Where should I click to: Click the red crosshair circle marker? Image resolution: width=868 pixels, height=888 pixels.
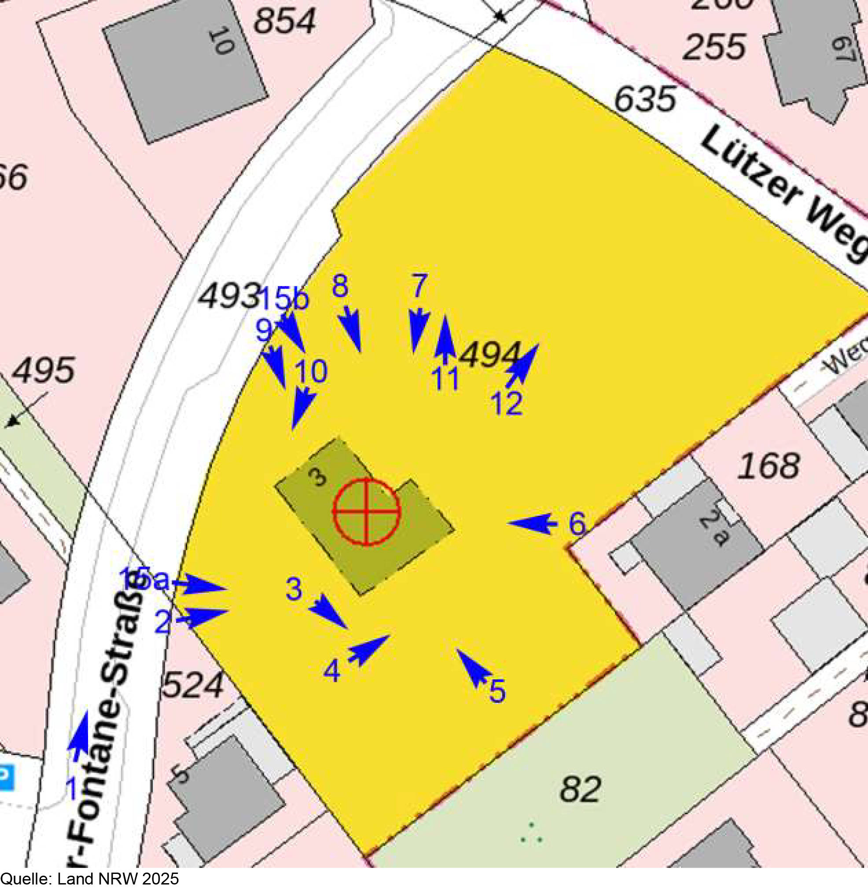click(x=366, y=511)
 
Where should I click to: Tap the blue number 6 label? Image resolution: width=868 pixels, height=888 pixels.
click(x=577, y=524)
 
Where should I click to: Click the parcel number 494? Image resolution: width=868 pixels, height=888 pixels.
click(x=490, y=355)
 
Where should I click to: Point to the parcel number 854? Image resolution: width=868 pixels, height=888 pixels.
click(x=284, y=21)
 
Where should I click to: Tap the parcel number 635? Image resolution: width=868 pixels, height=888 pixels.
click(x=644, y=99)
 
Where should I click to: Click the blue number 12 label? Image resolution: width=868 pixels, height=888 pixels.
click(x=507, y=404)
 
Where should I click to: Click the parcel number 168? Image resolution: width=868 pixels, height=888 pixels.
click(x=769, y=466)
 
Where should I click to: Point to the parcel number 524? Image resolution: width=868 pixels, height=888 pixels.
click(x=193, y=685)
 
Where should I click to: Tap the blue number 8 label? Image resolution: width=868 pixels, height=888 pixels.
click(x=340, y=286)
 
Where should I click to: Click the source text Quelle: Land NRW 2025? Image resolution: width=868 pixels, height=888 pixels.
click(x=90, y=878)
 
